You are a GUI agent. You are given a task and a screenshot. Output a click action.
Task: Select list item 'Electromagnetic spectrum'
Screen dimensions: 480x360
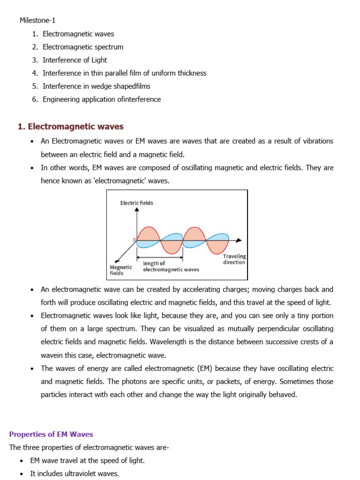click(83, 47)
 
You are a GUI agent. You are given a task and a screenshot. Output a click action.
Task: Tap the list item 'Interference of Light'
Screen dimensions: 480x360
click(75, 60)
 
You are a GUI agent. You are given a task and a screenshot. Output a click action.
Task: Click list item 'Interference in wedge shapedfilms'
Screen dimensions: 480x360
click(96, 86)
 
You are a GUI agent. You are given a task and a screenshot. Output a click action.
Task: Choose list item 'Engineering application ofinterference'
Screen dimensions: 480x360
click(101, 99)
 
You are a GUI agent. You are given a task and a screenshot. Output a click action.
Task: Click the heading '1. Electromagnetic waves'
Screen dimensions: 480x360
click(70, 127)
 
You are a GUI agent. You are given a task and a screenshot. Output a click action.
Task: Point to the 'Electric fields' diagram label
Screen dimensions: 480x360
click(137, 203)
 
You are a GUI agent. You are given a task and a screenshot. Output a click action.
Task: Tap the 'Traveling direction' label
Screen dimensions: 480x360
click(234, 259)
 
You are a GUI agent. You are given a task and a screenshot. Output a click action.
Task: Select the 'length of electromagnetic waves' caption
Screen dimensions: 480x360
click(171, 267)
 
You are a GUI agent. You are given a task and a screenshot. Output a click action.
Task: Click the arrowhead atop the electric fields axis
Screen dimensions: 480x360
click(137, 210)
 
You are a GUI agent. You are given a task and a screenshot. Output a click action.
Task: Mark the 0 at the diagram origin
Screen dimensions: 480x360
click(134, 239)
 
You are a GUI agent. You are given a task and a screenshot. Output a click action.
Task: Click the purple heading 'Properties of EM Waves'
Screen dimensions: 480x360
click(52, 434)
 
